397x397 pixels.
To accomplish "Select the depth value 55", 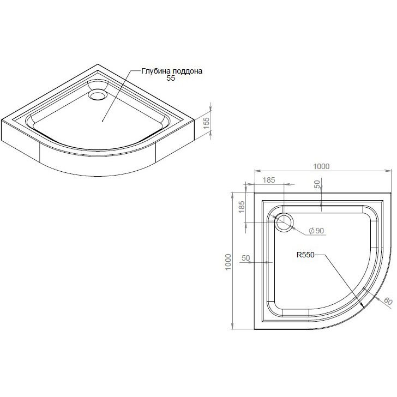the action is coord(171,78).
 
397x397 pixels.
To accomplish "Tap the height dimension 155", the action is coord(207,123).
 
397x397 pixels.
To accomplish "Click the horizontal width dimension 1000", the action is coord(321,166).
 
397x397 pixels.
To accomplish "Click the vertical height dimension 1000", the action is coord(228,262).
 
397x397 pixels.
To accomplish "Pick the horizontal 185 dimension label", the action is coord(269,180).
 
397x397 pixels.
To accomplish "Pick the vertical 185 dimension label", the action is coord(242,207).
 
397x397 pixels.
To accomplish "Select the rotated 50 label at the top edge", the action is coord(317,184).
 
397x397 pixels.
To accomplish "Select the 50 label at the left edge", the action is coord(246,258).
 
